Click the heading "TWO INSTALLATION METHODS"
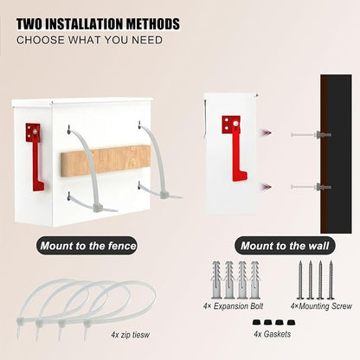(98, 24)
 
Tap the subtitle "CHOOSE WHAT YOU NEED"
(89, 40)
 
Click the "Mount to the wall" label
(285, 246)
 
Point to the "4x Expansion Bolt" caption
(233, 306)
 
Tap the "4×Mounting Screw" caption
(321, 306)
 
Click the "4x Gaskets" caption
(273, 334)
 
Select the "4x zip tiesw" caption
(131, 335)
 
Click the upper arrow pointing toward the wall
(267, 133)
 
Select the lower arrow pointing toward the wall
(267, 187)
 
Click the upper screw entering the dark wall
(311, 134)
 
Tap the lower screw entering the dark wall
(311, 187)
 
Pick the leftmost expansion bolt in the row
(216, 280)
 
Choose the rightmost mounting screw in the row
(331, 280)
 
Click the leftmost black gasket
(256, 322)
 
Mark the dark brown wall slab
(336, 154)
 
